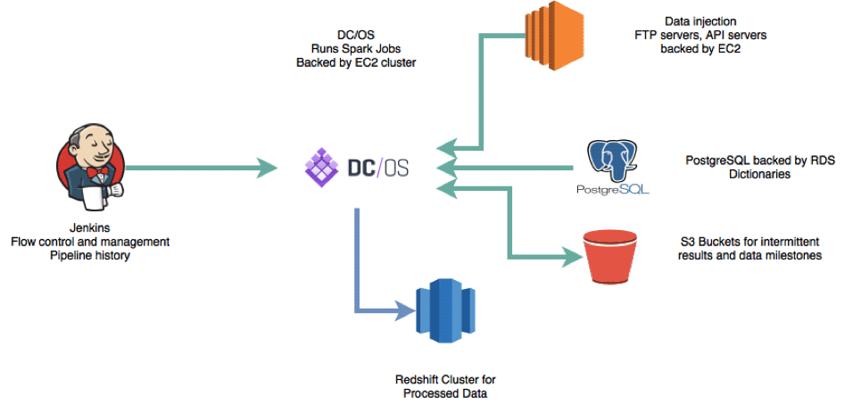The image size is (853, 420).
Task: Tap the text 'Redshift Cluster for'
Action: (x=443, y=379)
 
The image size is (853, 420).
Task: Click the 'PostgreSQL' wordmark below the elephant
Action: (x=612, y=189)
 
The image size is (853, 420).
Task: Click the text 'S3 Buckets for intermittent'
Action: (x=750, y=241)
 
